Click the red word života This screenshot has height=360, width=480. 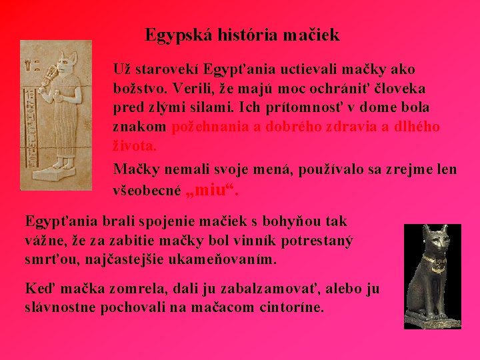(x=133, y=145)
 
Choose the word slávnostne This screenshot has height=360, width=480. (x=61, y=308)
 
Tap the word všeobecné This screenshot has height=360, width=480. (x=147, y=191)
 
